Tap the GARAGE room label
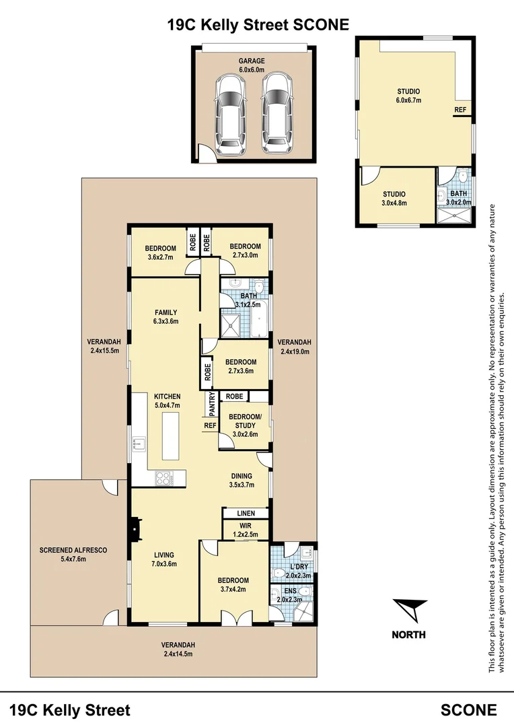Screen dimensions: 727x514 (252, 61)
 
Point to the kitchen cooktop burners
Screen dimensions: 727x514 (164, 479)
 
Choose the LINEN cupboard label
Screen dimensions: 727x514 (246, 514)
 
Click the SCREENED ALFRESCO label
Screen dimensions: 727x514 (73, 550)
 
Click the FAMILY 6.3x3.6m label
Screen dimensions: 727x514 (166, 316)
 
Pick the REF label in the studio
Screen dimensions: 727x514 (460, 110)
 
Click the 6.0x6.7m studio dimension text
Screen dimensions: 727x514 (408, 100)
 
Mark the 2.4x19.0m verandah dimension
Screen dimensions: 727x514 (294, 350)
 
